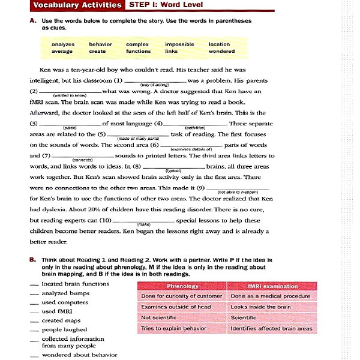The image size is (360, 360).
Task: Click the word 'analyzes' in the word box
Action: pos(63,44)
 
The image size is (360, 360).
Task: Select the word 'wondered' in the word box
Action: pos(221,52)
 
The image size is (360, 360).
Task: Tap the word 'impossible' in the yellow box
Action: pos(179,44)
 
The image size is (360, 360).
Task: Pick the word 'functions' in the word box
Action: pos(139,52)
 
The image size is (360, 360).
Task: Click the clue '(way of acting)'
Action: pos(154,85)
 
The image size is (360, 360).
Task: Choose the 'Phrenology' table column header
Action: pos(182,286)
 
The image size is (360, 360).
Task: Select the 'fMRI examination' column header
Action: pos(272,286)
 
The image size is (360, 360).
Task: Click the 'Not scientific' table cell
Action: pos(158,317)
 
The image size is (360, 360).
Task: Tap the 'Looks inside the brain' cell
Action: pos(261,307)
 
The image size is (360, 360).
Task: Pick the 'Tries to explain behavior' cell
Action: pos(173,328)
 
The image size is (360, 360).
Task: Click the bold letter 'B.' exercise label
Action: pos(33,260)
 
